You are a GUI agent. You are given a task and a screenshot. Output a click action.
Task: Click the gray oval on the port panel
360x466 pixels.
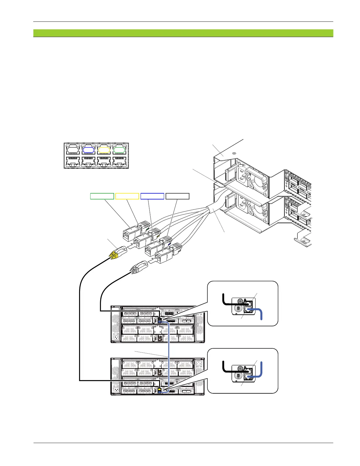[73, 150]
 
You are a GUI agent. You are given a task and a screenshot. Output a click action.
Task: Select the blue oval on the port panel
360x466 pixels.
[88, 150]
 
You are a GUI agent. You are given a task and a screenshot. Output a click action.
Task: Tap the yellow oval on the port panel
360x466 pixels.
[104, 150]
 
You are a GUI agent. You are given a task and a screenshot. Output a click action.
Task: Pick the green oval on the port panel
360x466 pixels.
[119, 150]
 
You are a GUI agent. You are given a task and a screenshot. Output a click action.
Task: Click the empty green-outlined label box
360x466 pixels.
[102, 196]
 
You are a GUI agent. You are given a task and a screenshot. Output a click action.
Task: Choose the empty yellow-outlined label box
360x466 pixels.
[127, 196]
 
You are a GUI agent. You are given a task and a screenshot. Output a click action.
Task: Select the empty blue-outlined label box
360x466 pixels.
[152, 196]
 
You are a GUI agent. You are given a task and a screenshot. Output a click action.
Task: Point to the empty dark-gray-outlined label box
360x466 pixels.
[177, 196]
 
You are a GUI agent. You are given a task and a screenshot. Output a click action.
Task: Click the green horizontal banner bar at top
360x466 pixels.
[183, 33]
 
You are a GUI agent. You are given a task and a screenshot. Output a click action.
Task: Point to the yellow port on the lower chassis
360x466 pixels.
[159, 389]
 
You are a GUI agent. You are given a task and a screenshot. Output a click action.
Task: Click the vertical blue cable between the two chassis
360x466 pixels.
[168, 353]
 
